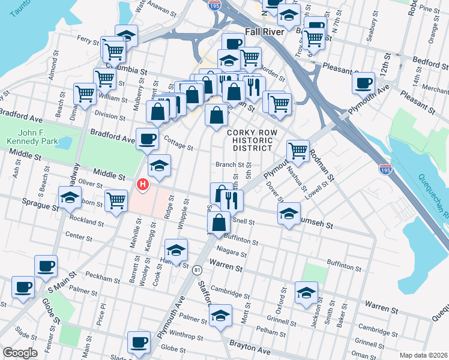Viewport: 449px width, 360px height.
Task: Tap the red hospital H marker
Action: [x=142, y=184]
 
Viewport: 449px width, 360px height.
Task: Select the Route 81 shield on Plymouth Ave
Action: [x=197, y=271]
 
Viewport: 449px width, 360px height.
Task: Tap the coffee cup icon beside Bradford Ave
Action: [x=147, y=140]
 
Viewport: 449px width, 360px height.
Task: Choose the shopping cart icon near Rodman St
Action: [x=298, y=151]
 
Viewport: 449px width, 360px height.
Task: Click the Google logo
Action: [x=20, y=353]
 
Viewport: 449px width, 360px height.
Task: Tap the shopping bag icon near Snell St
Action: [x=220, y=222]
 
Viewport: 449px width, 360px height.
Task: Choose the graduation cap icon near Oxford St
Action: [x=306, y=293]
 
